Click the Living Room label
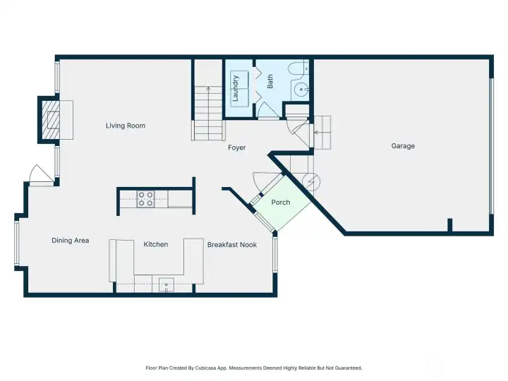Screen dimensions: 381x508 [126, 126]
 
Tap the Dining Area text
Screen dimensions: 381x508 [71, 241]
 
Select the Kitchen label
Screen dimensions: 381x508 [156, 244]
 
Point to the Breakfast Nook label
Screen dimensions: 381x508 [231, 245]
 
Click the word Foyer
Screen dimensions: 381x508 [236, 147]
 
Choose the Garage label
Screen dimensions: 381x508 [403, 146]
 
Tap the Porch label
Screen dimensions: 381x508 [281, 202]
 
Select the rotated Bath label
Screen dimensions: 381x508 [270, 82]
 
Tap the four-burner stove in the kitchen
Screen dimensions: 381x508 [146, 199]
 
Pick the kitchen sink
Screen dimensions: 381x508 [166, 285]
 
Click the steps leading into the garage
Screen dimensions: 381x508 [322, 132]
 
